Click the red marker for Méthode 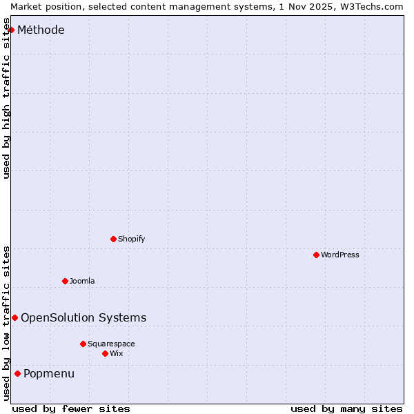[x=11, y=30]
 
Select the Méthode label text [x=41, y=30]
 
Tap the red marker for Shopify [x=113, y=239]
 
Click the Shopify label [x=131, y=239]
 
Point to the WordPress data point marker [x=316, y=255]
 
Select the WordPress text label [x=339, y=255]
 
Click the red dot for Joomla [x=65, y=281]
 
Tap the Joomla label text [x=82, y=281]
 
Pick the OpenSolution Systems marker [x=14, y=317]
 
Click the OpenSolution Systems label [x=83, y=317]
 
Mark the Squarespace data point [x=83, y=344]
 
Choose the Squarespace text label [x=111, y=344]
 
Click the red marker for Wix [x=105, y=353]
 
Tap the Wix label [x=116, y=353]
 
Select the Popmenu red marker [x=17, y=373]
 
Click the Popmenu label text [x=49, y=373]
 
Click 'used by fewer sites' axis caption [x=71, y=408]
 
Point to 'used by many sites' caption [x=346, y=408]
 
